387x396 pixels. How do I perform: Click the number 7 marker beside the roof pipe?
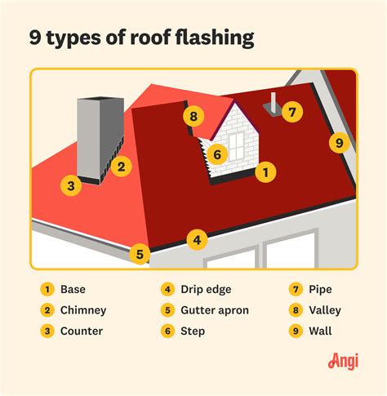tap(293, 112)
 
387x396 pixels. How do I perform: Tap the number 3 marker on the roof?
tap(71, 186)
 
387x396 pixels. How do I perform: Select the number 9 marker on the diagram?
tap(339, 144)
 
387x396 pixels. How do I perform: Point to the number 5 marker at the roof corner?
tap(140, 254)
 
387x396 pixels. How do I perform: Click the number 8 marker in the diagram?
tap(193, 117)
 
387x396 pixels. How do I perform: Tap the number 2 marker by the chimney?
tap(120, 167)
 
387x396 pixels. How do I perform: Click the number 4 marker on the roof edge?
tap(195, 240)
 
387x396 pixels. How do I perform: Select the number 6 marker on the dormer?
tap(216, 154)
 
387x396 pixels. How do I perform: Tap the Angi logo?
tap(343, 360)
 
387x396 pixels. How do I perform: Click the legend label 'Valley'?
tap(325, 310)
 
